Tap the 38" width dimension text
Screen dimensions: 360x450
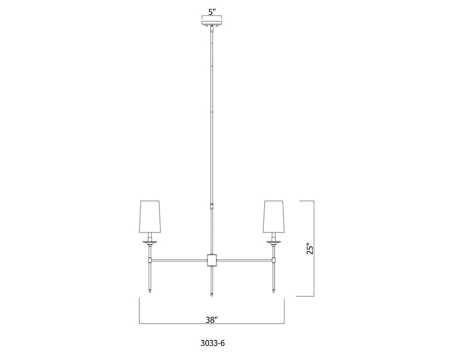point(211,319)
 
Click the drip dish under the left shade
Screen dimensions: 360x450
point(150,242)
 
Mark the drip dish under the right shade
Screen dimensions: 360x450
point(273,242)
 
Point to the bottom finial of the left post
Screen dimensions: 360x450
point(150,292)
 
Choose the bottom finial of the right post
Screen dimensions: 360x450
point(273,292)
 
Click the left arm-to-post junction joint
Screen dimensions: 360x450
point(150,260)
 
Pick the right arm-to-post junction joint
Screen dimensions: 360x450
point(273,260)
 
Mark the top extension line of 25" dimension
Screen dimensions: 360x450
point(305,201)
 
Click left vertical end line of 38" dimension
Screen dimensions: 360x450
point(139,311)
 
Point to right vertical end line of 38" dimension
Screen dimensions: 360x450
point(284,311)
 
